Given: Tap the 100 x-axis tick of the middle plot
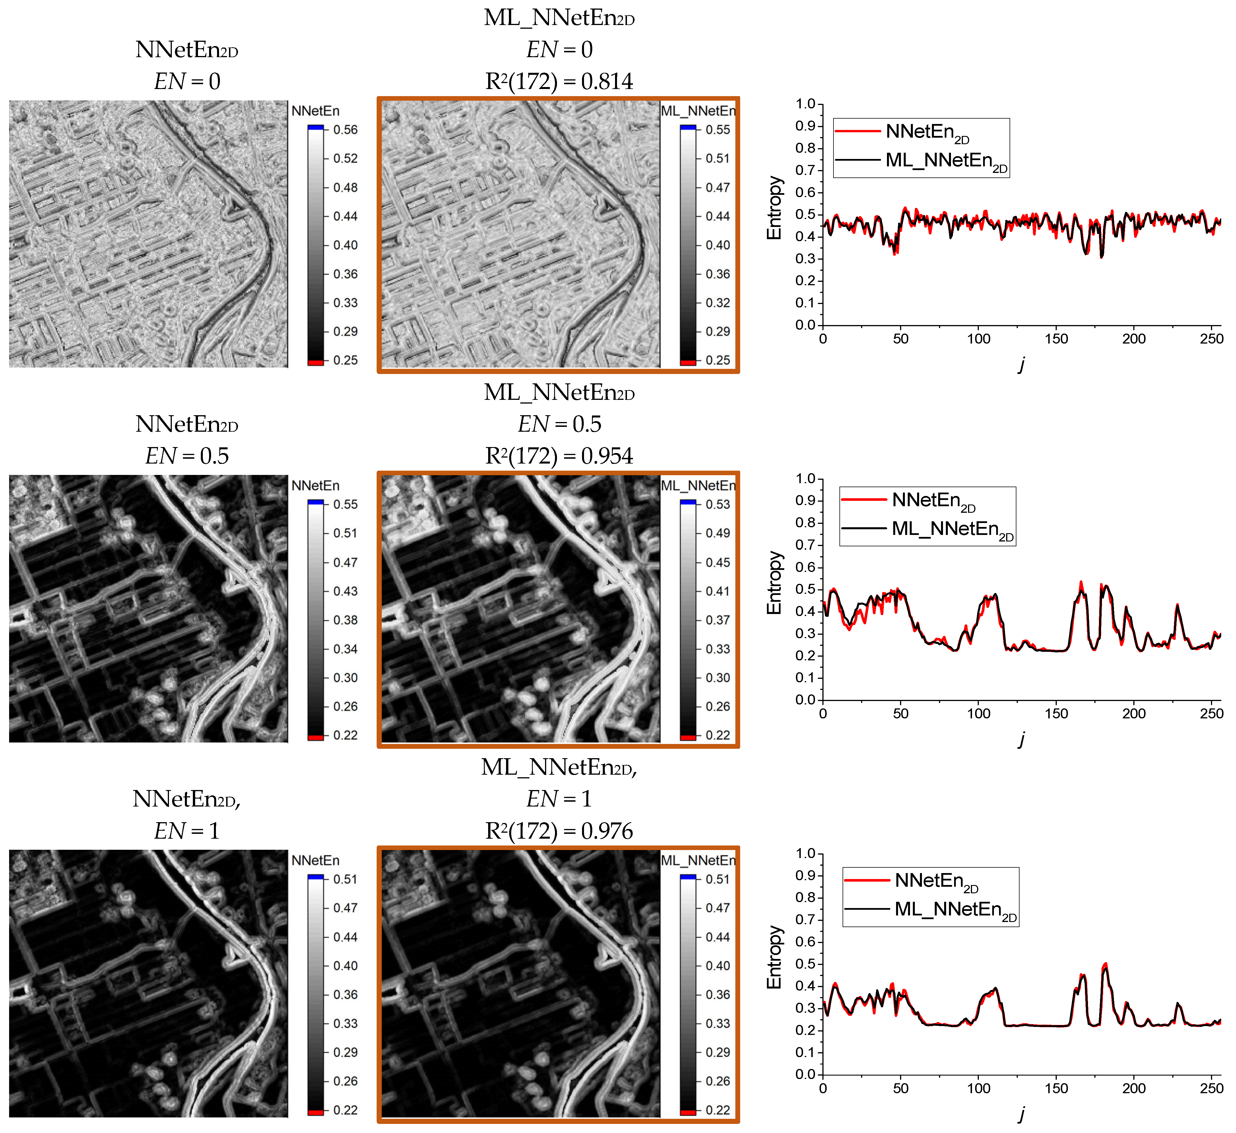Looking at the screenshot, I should coord(978,714).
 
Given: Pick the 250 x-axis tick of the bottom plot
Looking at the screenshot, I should coord(1212,1089).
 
